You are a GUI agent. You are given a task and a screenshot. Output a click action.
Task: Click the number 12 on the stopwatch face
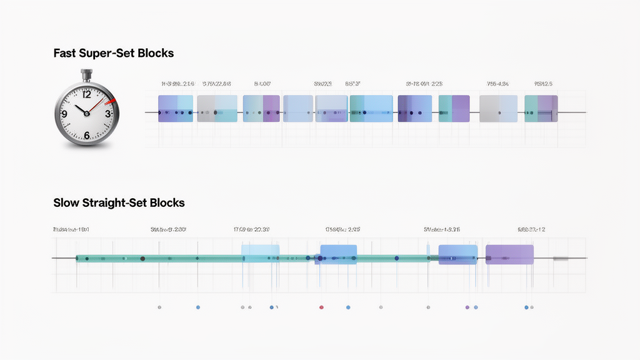click(86, 96)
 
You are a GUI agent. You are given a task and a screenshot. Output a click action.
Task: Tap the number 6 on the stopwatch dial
click(86, 134)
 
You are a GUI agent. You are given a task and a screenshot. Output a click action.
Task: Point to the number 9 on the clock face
click(64, 114)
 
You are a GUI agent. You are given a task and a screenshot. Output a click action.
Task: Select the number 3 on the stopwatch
click(107, 114)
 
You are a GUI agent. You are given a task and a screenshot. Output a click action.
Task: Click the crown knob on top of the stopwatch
click(86, 75)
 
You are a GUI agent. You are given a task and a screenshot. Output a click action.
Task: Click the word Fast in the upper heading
click(65, 54)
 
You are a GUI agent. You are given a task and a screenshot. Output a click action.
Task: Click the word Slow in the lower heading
click(66, 203)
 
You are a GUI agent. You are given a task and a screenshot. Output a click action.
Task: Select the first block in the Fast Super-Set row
click(176, 109)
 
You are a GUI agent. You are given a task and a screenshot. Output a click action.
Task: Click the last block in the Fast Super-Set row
click(541, 109)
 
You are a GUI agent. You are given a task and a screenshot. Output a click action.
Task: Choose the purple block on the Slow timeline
click(509, 254)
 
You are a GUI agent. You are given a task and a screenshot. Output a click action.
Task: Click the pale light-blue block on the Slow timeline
click(260, 252)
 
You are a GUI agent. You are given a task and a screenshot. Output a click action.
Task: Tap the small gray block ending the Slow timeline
click(561, 258)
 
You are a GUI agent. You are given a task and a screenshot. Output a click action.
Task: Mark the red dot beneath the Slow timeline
click(321, 307)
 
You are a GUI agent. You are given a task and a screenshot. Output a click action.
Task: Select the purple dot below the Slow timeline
click(467, 307)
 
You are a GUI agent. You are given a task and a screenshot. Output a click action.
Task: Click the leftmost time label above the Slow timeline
click(71, 230)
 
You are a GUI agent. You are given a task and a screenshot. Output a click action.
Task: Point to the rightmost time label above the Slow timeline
click(531, 230)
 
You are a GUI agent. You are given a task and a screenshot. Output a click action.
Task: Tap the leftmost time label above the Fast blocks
click(177, 83)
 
